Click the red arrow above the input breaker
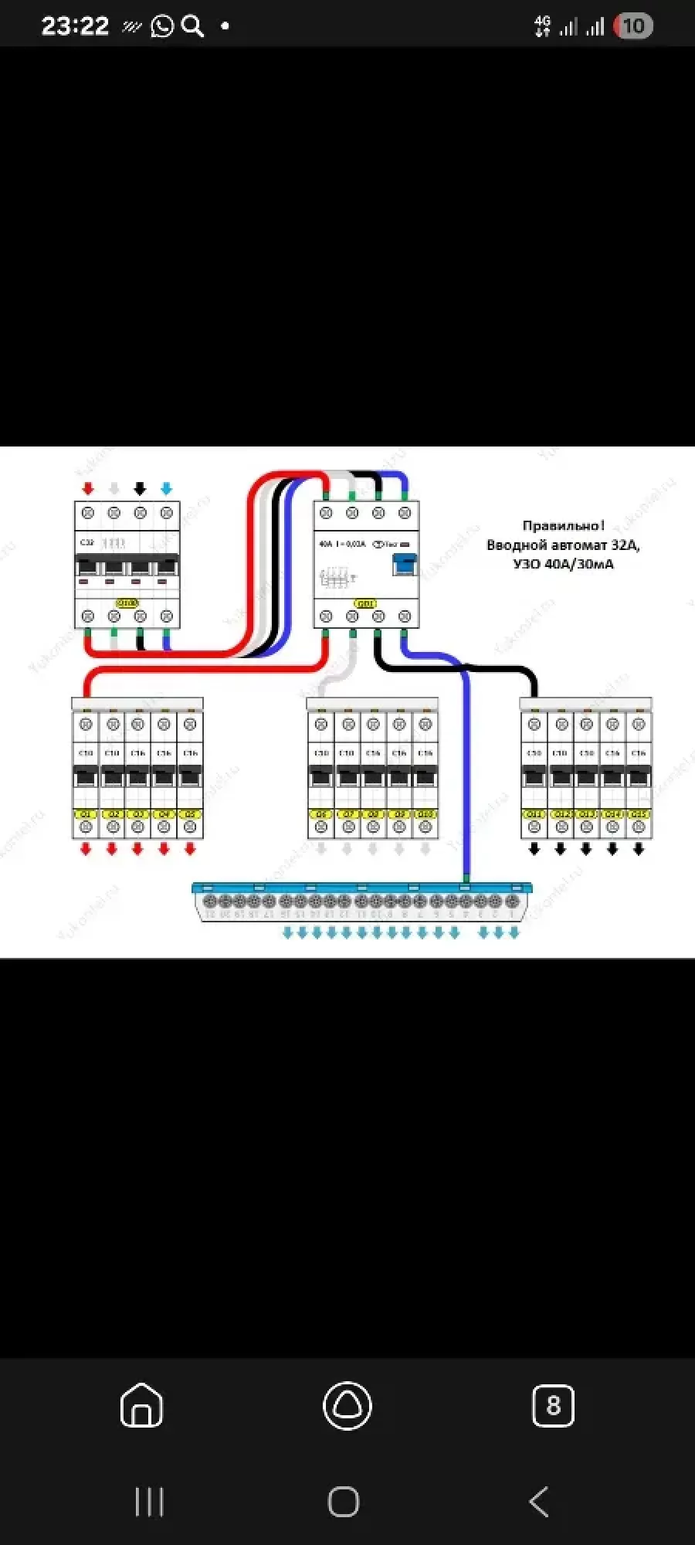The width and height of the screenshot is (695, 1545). pyautogui.click(x=88, y=489)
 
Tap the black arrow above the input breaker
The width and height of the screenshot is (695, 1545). pyautogui.click(x=140, y=489)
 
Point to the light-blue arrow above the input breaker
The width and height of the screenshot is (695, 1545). pyautogui.click(x=166, y=489)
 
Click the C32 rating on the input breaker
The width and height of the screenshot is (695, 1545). pyautogui.click(x=86, y=543)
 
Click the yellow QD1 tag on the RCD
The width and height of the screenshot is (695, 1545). pyautogui.click(x=365, y=603)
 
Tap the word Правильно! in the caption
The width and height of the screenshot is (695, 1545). pyautogui.click(x=563, y=526)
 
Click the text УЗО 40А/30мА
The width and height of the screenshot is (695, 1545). pyautogui.click(x=563, y=564)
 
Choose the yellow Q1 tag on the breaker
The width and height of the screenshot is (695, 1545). pyautogui.click(x=86, y=814)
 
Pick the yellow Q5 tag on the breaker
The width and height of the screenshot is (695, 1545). pyautogui.click(x=190, y=814)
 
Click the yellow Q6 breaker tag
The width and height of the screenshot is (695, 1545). pyautogui.click(x=321, y=814)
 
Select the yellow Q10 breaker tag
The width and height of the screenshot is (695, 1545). pyautogui.click(x=425, y=814)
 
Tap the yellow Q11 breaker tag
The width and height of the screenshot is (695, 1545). pyautogui.click(x=534, y=814)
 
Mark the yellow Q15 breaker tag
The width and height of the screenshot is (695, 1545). pyautogui.click(x=639, y=814)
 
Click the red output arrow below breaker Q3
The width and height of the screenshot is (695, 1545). pyautogui.click(x=137, y=849)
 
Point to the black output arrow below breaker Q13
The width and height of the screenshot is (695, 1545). pyautogui.click(x=586, y=849)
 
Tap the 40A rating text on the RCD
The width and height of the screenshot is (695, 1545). pyautogui.click(x=326, y=544)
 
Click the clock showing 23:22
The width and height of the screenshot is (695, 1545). pyautogui.click(x=75, y=26)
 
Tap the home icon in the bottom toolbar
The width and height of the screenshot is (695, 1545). pyautogui.click(x=142, y=1405)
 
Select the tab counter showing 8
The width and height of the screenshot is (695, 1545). pyautogui.click(x=553, y=1405)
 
